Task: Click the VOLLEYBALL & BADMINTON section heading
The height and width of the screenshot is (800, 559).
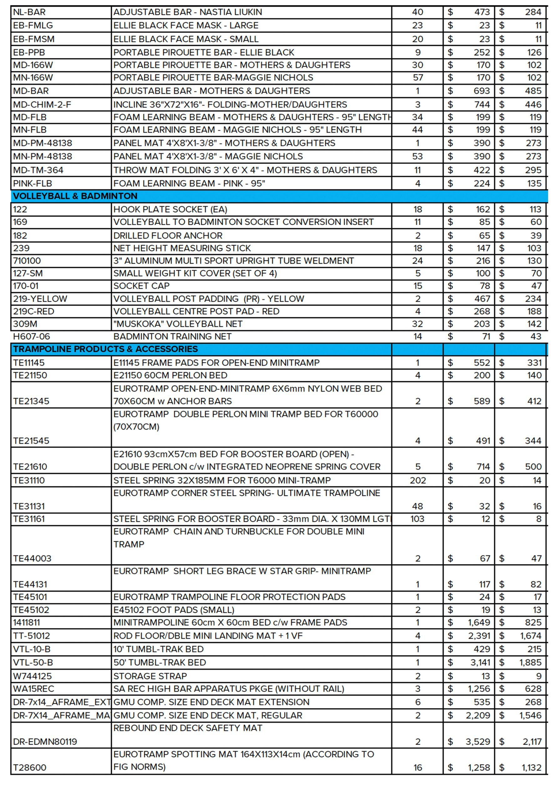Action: click(x=75, y=196)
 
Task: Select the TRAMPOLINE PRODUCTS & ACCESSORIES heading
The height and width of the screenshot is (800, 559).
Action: click(x=105, y=349)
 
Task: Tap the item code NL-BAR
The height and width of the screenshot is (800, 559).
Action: click(x=29, y=12)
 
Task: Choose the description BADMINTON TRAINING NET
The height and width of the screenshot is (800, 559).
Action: click(x=172, y=336)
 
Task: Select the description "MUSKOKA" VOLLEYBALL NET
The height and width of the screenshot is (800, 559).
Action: click(x=178, y=324)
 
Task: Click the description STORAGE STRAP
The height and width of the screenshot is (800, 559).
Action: click(x=150, y=676)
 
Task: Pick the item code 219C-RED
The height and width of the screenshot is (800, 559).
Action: click(x=33, y=311)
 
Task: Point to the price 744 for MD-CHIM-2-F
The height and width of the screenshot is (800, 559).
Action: click(x=482, y=104)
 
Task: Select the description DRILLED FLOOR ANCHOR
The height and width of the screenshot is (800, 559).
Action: click(x=168, y=236)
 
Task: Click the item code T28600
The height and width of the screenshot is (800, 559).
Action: click(x=30, y=767)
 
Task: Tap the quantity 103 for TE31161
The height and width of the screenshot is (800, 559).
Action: click(x=417, y=519)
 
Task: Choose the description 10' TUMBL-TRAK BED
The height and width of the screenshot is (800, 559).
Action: click(x=158, y=649)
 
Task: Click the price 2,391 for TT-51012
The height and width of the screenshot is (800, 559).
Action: click(x=479, y=636)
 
